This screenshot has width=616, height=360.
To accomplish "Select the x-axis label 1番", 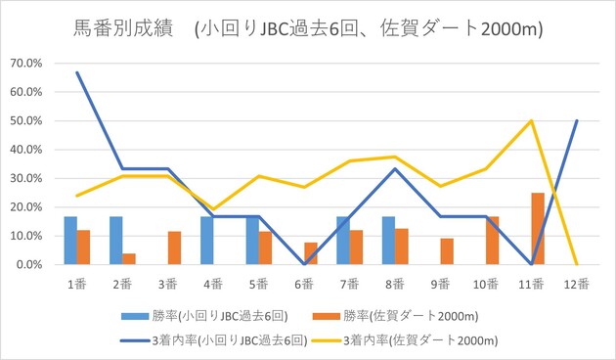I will click(x=77, y=284).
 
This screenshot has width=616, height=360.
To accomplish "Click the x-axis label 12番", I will click(x=576, y=284).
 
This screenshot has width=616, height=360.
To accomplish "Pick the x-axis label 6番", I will click(x=304, y=284).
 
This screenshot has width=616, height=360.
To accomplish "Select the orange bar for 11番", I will click(x=538, y=229).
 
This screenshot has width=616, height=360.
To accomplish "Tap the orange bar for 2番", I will click(x=129, y=259).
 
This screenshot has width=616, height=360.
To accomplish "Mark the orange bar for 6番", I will click(x=310, y=253).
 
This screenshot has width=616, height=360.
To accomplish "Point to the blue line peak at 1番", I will click(x=77, y=72).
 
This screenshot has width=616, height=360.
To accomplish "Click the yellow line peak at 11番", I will click(x=531, y=120).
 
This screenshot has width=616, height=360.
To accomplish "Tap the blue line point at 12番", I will click(x=576, y=120).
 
